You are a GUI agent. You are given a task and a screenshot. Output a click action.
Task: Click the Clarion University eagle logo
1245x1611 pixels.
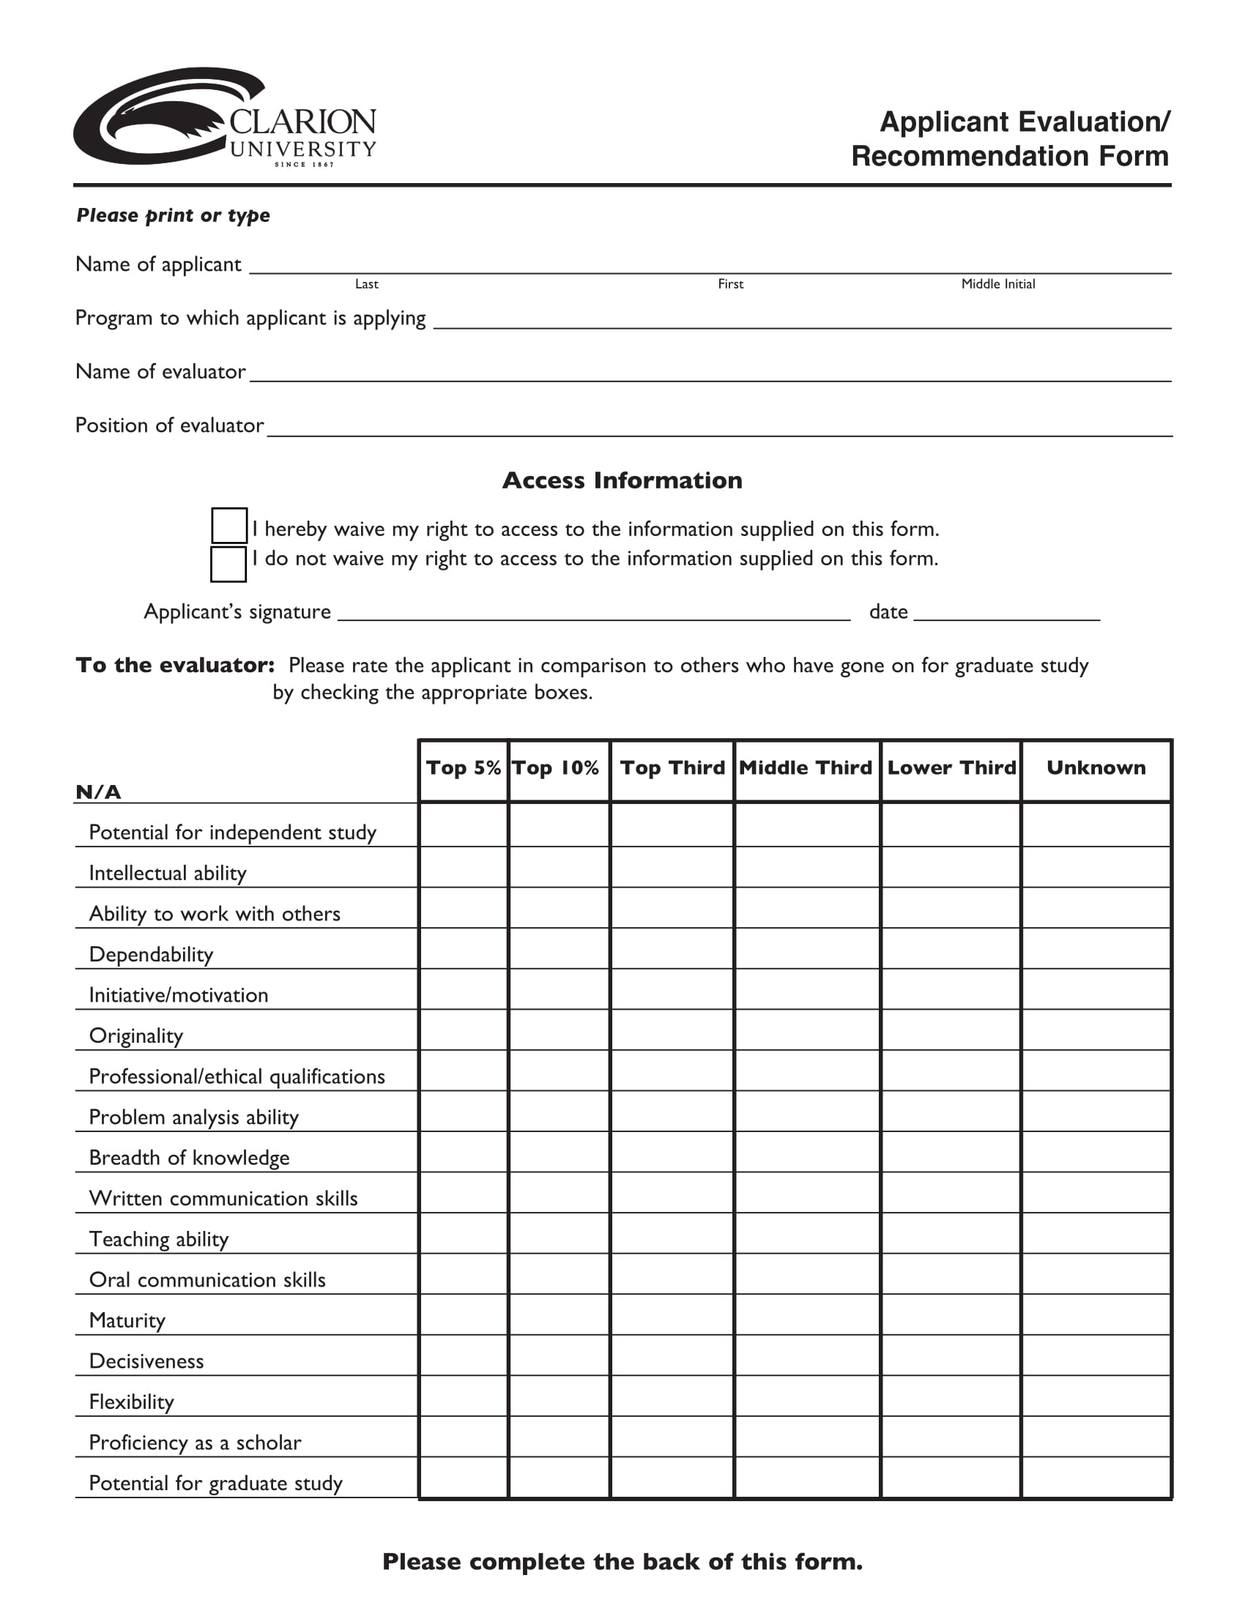click(224, 117)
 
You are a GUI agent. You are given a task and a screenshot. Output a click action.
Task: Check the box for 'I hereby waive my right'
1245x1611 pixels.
click(228, 525)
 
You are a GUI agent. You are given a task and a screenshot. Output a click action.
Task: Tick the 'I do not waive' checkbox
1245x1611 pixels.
click(228, 564)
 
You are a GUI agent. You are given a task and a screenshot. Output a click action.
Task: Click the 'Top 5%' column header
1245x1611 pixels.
click(463, 769)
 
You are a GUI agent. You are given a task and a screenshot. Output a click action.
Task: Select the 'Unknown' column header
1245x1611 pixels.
click(1096, 769)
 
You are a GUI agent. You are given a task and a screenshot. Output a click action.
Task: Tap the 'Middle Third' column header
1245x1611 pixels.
click(806, 769)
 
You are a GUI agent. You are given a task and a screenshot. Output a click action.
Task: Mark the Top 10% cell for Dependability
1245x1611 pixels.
click(558, 948)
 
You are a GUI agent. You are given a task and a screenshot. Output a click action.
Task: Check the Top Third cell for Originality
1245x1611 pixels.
click(672, 1030)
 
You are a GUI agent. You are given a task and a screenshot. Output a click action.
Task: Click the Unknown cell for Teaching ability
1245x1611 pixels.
click(1096, 1233)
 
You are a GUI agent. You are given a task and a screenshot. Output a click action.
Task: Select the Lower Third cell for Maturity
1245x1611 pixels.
click(951, 1314)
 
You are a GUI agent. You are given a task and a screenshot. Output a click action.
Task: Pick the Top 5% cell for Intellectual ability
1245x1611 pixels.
click(463, 868)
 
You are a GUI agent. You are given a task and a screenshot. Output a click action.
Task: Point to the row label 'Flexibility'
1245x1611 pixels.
click(131, 1402)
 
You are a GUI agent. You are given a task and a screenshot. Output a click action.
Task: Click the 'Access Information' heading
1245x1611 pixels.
click(622, 480)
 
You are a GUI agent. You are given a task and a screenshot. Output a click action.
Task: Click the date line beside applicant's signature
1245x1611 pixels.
click(1006, 613)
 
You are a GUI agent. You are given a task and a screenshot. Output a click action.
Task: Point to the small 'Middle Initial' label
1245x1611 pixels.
click(998, 284)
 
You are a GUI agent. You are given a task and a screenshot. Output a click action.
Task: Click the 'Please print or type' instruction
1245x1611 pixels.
click(174, 215)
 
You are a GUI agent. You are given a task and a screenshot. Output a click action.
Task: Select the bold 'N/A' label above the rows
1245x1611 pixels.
click(98, 792)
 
